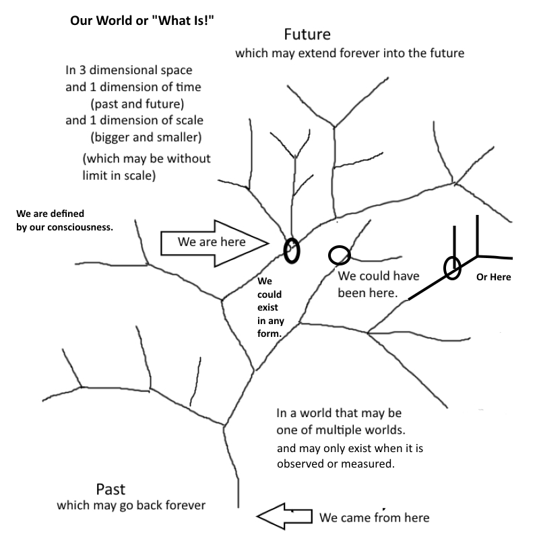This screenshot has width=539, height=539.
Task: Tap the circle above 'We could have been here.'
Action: pyautogui.click(x=340, y=247)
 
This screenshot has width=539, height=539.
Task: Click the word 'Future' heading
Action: pyautogui.click(x=307, y=34)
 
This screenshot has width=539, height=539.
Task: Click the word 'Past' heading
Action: pyautogui.click(x=110, y=489)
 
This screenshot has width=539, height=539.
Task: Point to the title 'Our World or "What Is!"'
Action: pyautogui.click(x=142, y=21)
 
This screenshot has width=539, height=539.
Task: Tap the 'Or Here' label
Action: pyautogui.click(x=494, y=277)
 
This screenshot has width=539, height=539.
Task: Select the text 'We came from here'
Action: pyautogui.click(x=375, y=517)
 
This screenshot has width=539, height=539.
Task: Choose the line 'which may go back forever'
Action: pyautogui.click(x=131, y=505)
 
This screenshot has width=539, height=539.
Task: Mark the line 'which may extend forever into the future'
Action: pyautogui.click(x=350, y=53)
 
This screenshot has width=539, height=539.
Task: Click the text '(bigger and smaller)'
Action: pyautogui.click(x=146, y=137)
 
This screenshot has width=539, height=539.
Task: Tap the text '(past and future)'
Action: pyautogui.click(x=137, y=104)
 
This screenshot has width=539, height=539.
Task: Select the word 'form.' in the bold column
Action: pyautogui.click(x=269, y=334)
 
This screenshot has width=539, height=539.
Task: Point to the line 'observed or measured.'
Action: pyautogui.click(x=336, y=464)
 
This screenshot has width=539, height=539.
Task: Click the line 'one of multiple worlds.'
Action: pyautogui.click(x=341, y=430)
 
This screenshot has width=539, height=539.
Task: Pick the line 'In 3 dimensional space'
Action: pyautogui.click(x=129, y=70)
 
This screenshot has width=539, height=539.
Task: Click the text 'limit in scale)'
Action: pyautogui.click(x=119, y=176)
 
